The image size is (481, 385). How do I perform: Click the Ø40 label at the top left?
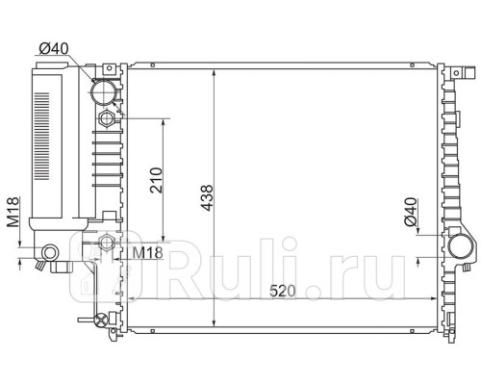(54, 49)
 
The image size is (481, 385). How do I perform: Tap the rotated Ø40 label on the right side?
(411, 212)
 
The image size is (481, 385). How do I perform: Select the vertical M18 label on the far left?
(13, 213)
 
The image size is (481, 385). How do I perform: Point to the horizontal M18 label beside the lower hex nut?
(148, 253)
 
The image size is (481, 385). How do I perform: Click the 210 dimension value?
(156, 180)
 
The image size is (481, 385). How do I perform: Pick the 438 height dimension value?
(206, 198)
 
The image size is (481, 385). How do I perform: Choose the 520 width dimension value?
(282, 291)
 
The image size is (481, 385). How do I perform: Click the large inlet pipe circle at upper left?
(103, 92)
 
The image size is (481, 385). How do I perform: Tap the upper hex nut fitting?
(106, 119)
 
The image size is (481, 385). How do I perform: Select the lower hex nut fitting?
(106, 243)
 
